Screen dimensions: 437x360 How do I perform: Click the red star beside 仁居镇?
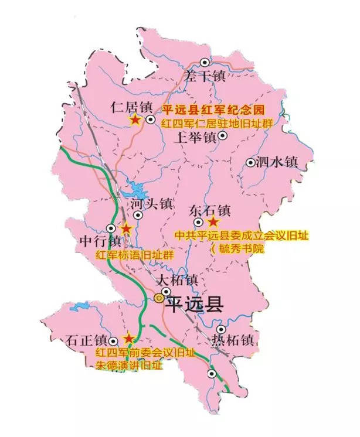[x=135, y=120]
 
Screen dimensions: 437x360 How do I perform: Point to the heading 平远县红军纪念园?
[x=215, y=110]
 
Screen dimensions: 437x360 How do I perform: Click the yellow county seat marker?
[x=159, y=298]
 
